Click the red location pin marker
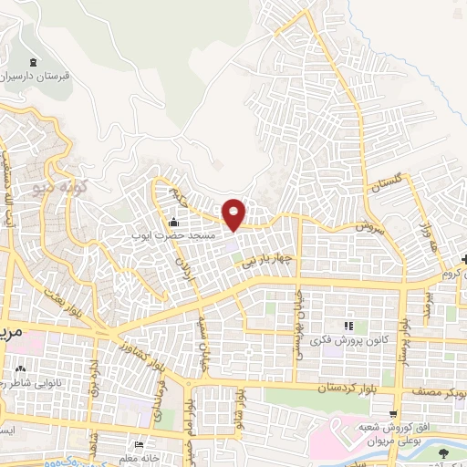click(x=234, y=213)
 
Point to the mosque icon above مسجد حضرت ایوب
click(x=173, y=222)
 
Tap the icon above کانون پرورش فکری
click(x=348, y=327)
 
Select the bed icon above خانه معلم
click(x=138, y=444)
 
